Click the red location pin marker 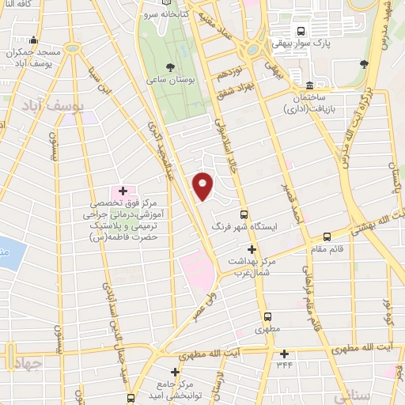coord(203,185)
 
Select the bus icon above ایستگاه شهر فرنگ coord(244,214)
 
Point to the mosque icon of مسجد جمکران coord(32,41)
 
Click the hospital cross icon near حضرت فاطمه coord(123,191)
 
